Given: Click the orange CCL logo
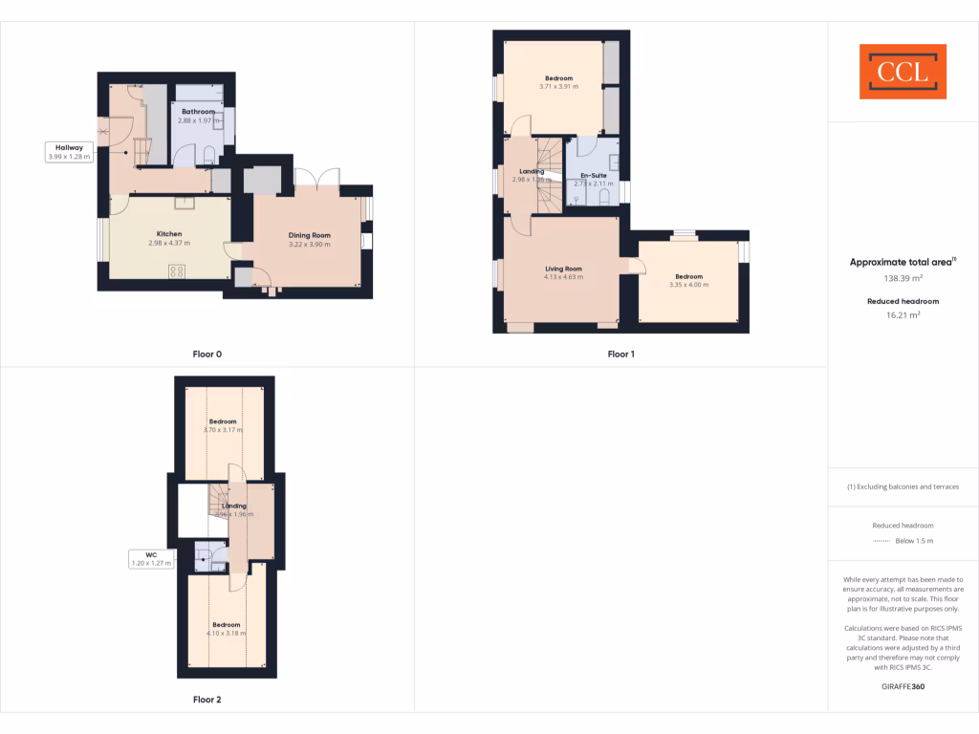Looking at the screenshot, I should pyautogui.click(x=903, y=72).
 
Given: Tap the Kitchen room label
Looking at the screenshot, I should pyautogui.click(x=169, y=234).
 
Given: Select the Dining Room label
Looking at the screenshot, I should pyautogui.click(x=309, y=235).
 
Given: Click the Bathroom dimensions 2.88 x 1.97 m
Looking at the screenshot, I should pyautogui.click(x=199, y=121).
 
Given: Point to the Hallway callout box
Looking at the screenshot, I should pyautogui.click(x=70, y=151).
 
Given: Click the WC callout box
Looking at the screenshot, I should pyautogui.click(x=151, y=558).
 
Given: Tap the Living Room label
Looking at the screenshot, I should pyautogui.click(x=563, y=269).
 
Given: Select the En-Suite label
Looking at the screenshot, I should pyautogui.click(x=593, y=176).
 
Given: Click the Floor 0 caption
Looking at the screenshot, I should pyautogui.click(x=207, y=355).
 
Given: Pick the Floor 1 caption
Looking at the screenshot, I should pyautogui.click(x=621, y=355).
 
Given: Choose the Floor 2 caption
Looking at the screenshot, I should pyautogui.click(x=207, y=700).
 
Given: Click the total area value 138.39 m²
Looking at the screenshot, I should pyautogui.click(x=903, y=279).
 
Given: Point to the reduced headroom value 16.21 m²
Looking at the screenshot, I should pyautogui.click(x=903, y=313).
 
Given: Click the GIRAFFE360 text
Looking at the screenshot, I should pyautogui.click(x=903, y=686).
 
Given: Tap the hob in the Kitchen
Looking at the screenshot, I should pyautogui.click(x=177, y=271).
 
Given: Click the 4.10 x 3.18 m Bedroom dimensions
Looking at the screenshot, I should pyautogui.click(x=227, y=633).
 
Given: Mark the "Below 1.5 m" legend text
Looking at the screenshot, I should pyautogui.click(x=914, y=542).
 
